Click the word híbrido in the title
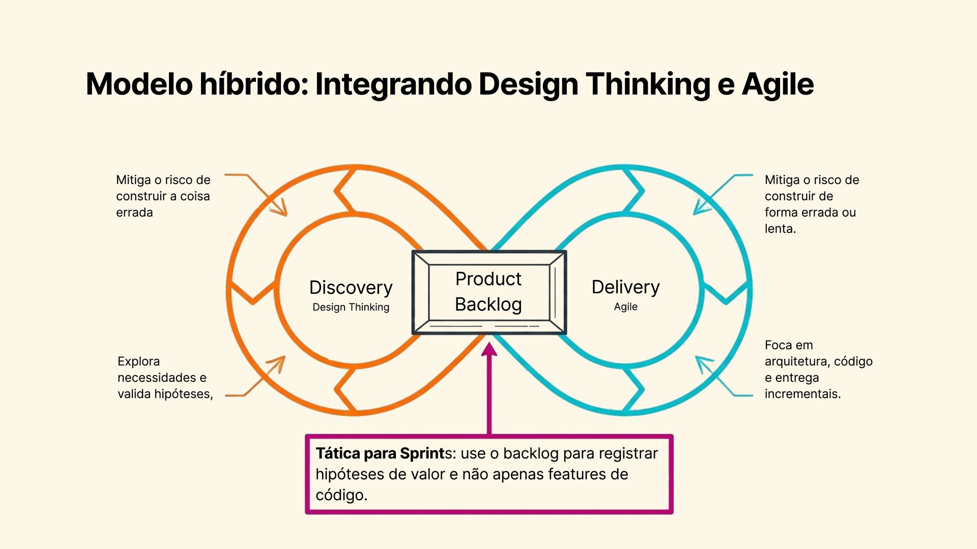pyautogui.click(x=253, y=84)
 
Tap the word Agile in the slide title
pyautogui.click(x=778, y=84)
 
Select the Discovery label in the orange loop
pyautogui.click(x=351, y=288)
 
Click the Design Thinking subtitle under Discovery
pyautogui.click(x=351, y=307)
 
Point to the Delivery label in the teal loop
pyautogui.click(x=625, y=287)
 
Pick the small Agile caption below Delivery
pyautogui.click(x=625, y=307)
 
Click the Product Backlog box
pyautogui.click(x=489, y=292)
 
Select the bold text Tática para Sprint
pyautogui.click(x=380, y=453)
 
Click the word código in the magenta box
pyautogui.click(x=341, y=495)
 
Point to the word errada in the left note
pyautogui.click(x=134, y=212)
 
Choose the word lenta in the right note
pyautogui.click(x=780, y=229)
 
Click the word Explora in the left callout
pyautogui.click(x=138, y=361)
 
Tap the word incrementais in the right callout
pyautogui.click(x=802, y=394)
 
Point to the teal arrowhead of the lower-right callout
pyautogui.click(x=702, y=361)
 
